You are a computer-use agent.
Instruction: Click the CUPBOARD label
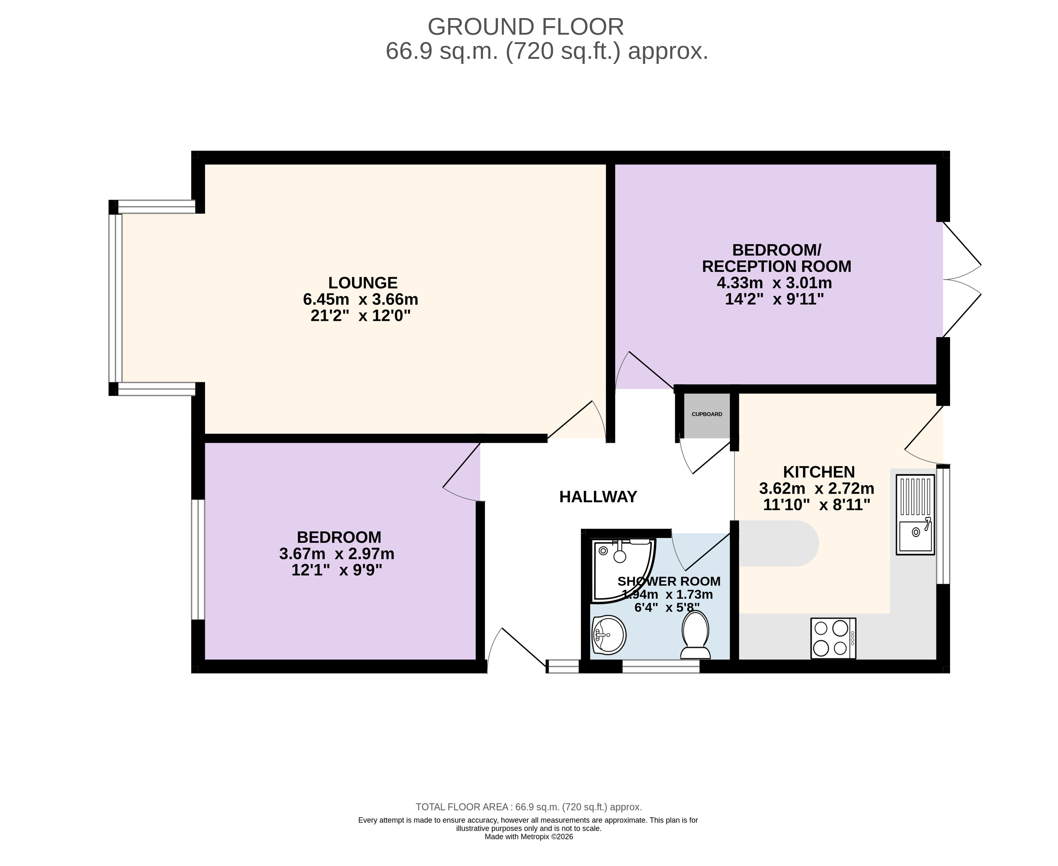click(707, 414)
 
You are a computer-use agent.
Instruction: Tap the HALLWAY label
click(598, 497)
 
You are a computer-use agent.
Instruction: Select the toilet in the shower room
click(696, 635)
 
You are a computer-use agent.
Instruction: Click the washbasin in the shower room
click(609, 635)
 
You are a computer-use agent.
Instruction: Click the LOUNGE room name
click(363, 283)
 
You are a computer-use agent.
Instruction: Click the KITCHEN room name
click(819, 472)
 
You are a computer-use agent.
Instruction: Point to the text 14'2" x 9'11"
click(774, 299)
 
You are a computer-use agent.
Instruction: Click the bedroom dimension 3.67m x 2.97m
click(337, 554)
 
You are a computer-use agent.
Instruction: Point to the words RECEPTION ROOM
click(777, 266)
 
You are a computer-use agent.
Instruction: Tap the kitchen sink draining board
click(915, 497)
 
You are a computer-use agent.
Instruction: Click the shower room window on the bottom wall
click(661, 666)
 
